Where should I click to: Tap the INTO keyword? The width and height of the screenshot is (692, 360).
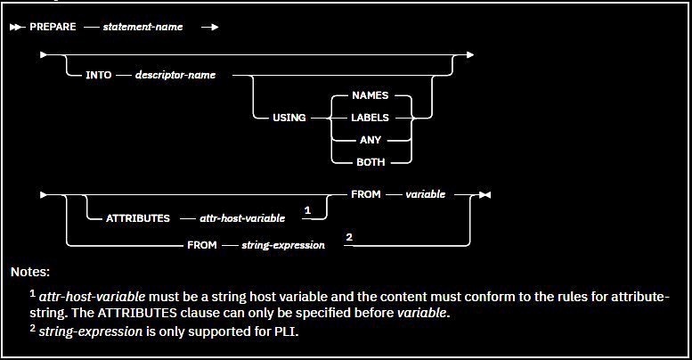[99, 76]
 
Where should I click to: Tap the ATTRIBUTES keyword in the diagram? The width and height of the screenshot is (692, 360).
[138, 217]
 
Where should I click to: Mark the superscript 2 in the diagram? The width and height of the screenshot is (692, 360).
[349, 237]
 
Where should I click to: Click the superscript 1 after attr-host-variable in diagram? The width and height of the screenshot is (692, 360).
[306, 210]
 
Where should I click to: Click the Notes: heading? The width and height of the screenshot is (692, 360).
[30, 270]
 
